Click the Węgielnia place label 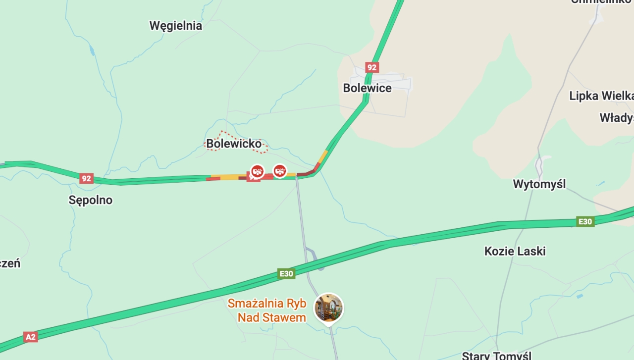point(175,26)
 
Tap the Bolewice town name point(367,88)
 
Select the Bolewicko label point(234,144)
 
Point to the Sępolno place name point(91,200)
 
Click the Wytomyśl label point(539,184)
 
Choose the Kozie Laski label point(515,251)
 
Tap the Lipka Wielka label point(601,96)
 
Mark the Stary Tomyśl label point(496,356)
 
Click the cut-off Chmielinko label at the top point(601,1)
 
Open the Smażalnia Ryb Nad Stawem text point(267,310)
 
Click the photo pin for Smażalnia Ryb point(329,308)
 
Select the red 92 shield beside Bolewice point(371,67)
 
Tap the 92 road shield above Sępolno point(86,178)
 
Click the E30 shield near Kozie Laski point(585,221)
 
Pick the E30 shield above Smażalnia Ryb point(286,273)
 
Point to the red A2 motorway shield point(31,337)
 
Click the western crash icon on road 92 point(257,171)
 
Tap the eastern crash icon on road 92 point(280,171)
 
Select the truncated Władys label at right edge point(616,118)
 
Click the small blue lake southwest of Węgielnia point(92,50)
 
